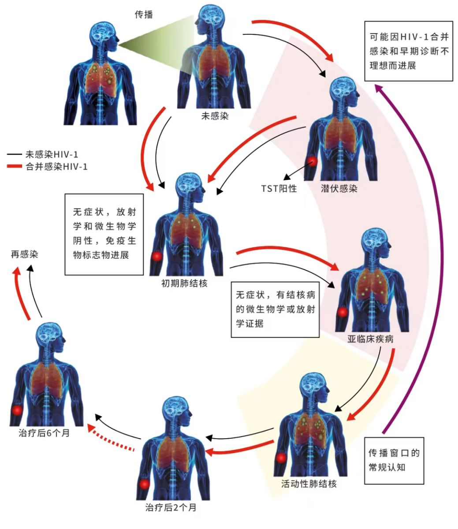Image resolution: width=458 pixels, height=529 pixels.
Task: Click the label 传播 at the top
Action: click(x=144, y=15)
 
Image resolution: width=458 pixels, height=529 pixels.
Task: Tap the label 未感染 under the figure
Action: click(x=215, y=116)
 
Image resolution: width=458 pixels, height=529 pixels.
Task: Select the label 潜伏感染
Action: click(x=339, y=189)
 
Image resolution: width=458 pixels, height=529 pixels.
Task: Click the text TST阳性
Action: click(x=279, y=189)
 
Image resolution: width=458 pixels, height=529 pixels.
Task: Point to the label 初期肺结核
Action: click(x=184, y=283)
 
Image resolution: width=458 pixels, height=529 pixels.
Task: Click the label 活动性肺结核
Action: click(x=309, y=484)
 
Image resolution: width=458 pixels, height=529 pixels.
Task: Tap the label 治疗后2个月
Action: click(x=171, y=507)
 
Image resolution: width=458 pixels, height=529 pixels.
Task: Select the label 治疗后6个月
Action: click(x=44, y=433)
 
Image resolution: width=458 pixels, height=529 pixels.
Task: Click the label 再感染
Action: click(x=25, y=254)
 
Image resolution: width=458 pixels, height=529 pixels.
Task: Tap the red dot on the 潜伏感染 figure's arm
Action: click(x=313, y=161)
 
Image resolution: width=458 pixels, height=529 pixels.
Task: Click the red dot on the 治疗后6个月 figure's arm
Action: click(x=17, y=410)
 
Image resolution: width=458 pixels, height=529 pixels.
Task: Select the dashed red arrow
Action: click(x=110, y=439)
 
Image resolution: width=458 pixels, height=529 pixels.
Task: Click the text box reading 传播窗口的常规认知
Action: click(x=394, y=460)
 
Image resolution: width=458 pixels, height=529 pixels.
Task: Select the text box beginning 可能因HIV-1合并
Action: click(x=409, y=51)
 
